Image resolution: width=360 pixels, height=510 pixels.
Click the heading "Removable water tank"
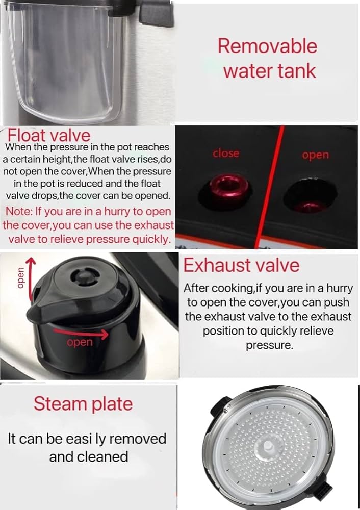point(267,58)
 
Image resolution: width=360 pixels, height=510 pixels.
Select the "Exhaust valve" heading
point(241,265)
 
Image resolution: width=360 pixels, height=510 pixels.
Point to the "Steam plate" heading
point(83,403)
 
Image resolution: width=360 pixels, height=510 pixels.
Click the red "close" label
point(226,153)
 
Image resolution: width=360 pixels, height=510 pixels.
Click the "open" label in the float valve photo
point(316,155)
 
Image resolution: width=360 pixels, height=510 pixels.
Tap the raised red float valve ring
point(224,186)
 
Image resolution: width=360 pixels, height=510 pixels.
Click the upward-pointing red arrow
point(30,278)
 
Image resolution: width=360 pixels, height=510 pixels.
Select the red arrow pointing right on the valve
point(81,333)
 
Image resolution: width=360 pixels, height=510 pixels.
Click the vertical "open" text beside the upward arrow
point(20,278)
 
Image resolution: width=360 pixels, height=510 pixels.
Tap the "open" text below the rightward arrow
point(80,342)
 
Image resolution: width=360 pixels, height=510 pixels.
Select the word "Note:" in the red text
point(19,211)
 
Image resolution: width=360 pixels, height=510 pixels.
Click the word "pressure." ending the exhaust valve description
point(270,345)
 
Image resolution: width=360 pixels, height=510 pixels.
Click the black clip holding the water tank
point(156,12)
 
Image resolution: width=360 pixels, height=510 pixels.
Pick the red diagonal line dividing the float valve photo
point(270,187)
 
